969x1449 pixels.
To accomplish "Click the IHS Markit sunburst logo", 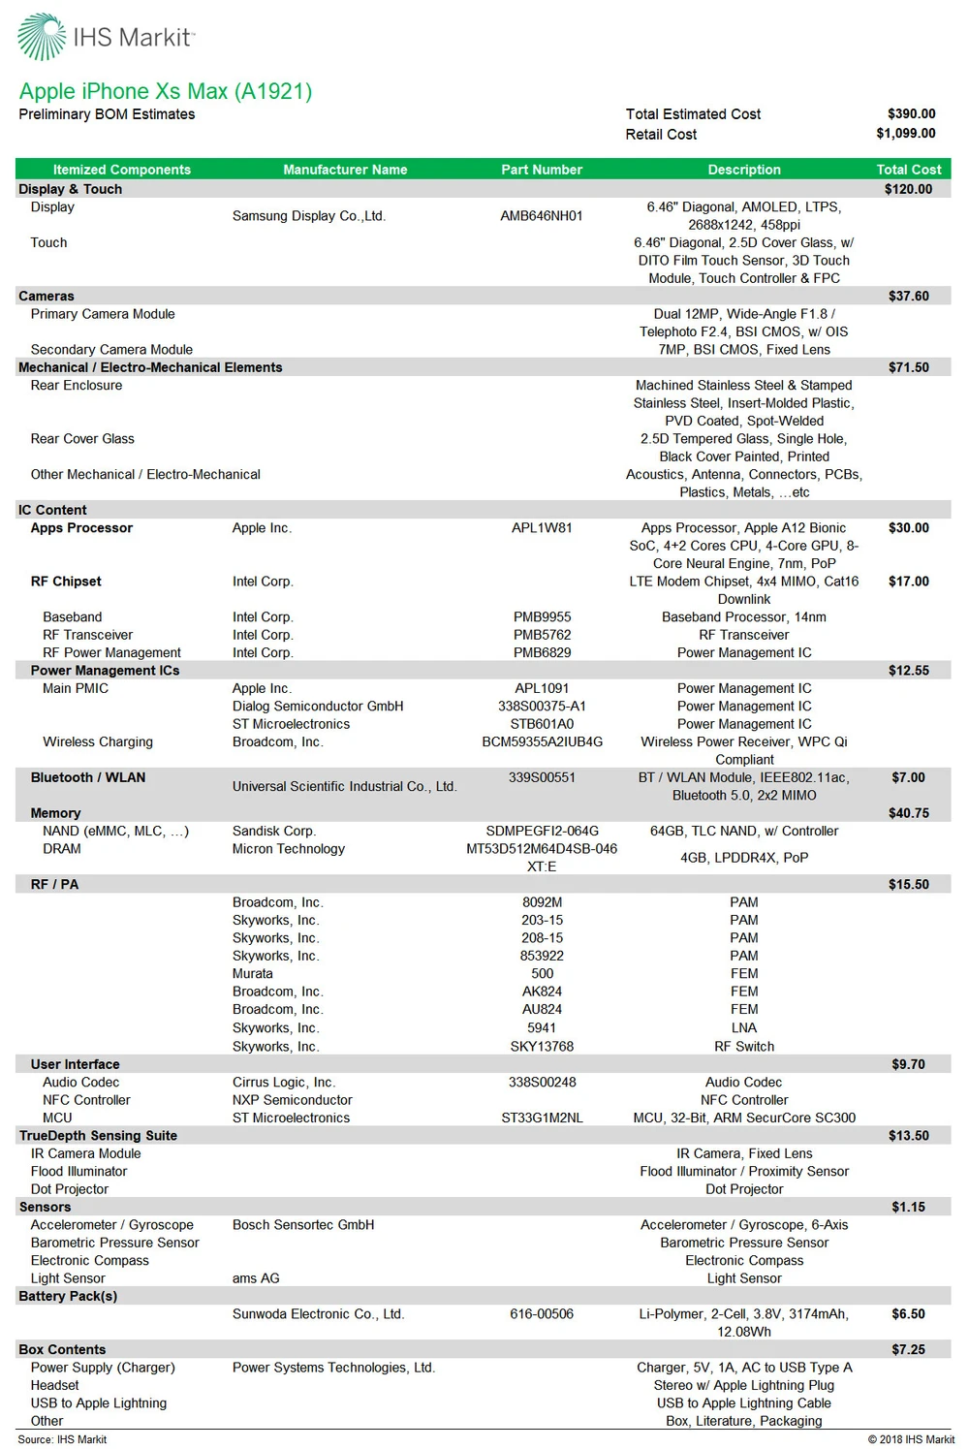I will click(42, 36).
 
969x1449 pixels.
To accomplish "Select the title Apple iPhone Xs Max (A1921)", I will click(166, 91).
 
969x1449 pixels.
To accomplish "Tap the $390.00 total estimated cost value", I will click(911, 113).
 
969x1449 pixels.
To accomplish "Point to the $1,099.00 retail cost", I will click(905, 134).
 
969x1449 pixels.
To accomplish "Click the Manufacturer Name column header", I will click(345, 170).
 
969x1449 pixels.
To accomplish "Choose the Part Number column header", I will click(542, 170).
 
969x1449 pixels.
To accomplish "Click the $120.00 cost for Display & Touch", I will click(908, 189).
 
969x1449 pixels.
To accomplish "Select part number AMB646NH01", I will click(542, 216).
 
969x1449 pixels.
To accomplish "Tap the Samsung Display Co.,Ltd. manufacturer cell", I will click(309, 216).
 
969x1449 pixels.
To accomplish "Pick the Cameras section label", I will click(47, 296).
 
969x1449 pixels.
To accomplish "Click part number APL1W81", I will click(542, 528).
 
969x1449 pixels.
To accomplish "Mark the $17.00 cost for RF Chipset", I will click(908, 582).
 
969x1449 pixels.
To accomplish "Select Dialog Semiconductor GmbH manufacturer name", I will click(318, 707).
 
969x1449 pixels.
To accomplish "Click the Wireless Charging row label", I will click(98, 742).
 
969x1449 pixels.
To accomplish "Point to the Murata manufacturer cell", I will click(253, 974).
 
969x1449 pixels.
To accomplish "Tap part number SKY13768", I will click(542, 1047).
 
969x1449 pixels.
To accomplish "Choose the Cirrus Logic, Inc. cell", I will click(284, 1083).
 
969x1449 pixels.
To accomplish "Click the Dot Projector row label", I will click(70, 1189).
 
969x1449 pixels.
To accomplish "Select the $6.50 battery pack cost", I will click(908, 1314).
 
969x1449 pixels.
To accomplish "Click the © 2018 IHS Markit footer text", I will click(911, 1439).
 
